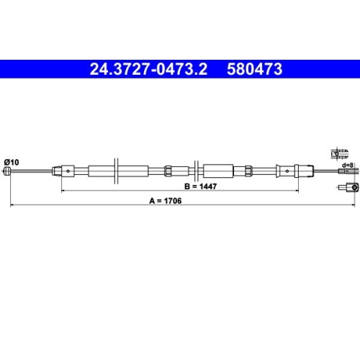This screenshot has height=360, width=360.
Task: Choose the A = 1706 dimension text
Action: click(181, 202)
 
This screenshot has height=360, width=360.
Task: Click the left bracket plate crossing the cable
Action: click(114, 171)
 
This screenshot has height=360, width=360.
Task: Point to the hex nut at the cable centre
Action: click(168, 171)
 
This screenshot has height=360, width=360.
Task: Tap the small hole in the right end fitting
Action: click(287, 171)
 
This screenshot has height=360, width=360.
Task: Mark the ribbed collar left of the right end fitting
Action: click(246, 171)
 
